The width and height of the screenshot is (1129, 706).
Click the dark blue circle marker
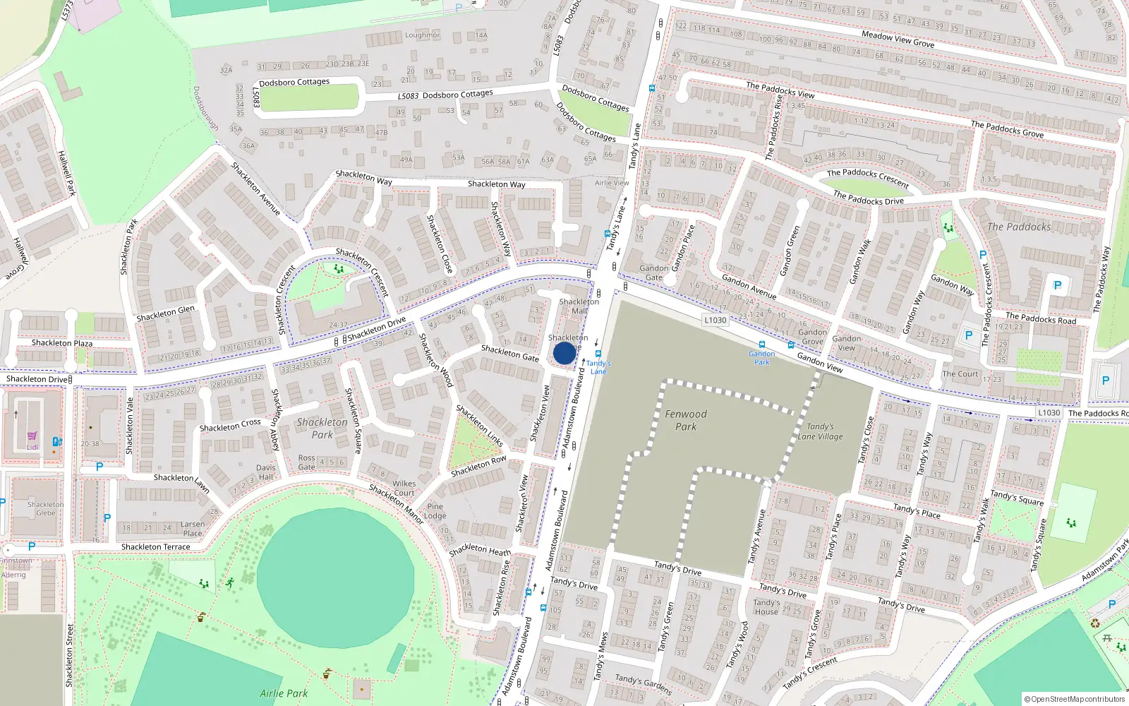564,353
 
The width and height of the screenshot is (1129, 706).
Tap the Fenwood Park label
686,420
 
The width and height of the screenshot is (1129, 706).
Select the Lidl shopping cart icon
32,437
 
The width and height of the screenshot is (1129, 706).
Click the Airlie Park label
284,693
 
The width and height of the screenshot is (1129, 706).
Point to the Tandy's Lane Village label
820,431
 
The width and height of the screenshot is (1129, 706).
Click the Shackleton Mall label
579,306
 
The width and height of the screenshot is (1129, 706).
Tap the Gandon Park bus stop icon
762,345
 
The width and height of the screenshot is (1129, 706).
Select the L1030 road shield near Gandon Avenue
715,320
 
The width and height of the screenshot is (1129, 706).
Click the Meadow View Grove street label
898,39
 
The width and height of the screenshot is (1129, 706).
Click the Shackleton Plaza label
62,343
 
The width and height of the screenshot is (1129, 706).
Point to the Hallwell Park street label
67,173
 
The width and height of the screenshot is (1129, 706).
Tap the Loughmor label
422,35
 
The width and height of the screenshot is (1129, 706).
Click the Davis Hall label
266,472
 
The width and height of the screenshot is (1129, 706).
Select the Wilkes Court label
404,489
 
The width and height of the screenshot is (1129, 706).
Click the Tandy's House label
766,607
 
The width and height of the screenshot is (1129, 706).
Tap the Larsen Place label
193,529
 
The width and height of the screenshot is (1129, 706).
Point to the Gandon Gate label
654,273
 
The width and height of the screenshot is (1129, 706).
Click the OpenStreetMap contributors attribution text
1075,699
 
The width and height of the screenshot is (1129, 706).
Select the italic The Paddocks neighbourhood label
1019,227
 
